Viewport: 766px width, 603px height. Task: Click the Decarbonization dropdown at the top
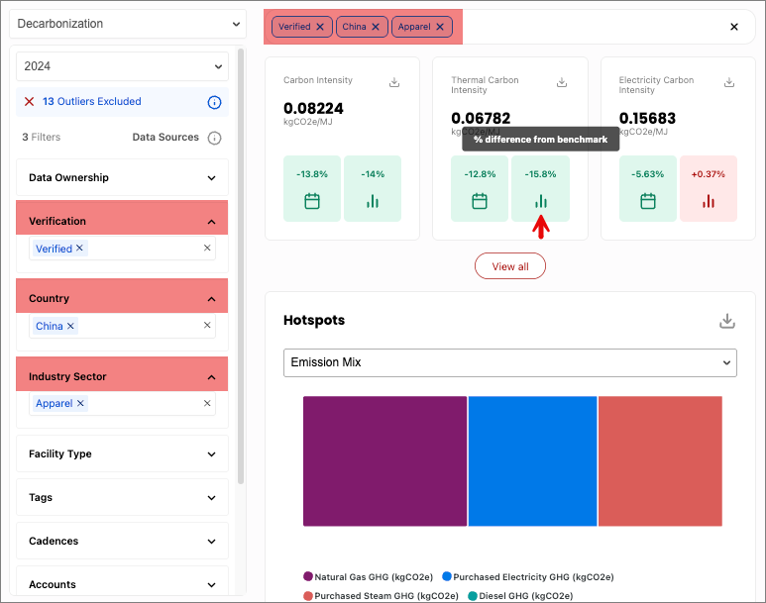128,24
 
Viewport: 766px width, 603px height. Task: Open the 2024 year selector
122,66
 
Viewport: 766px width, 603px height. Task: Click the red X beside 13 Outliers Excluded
30,102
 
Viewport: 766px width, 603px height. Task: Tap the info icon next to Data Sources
214,139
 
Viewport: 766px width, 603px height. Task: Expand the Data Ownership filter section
122,177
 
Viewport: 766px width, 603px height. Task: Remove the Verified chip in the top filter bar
320,27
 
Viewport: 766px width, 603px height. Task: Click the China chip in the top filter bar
362,27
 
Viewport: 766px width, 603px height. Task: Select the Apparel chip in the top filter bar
421,27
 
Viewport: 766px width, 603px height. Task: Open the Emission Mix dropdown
510,362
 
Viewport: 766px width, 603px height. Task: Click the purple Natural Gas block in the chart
384,461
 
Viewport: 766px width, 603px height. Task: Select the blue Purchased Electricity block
532,461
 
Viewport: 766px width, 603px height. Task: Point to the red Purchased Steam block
660,461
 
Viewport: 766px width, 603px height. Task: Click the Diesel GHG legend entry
520,596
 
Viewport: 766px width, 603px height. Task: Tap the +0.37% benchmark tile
709,188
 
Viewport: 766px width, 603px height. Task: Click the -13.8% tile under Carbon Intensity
312,188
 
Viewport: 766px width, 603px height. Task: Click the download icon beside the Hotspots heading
727,321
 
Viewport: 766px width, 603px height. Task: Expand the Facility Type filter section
122,454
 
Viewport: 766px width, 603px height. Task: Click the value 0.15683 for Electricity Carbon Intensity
647,118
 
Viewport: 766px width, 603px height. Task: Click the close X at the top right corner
733,27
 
